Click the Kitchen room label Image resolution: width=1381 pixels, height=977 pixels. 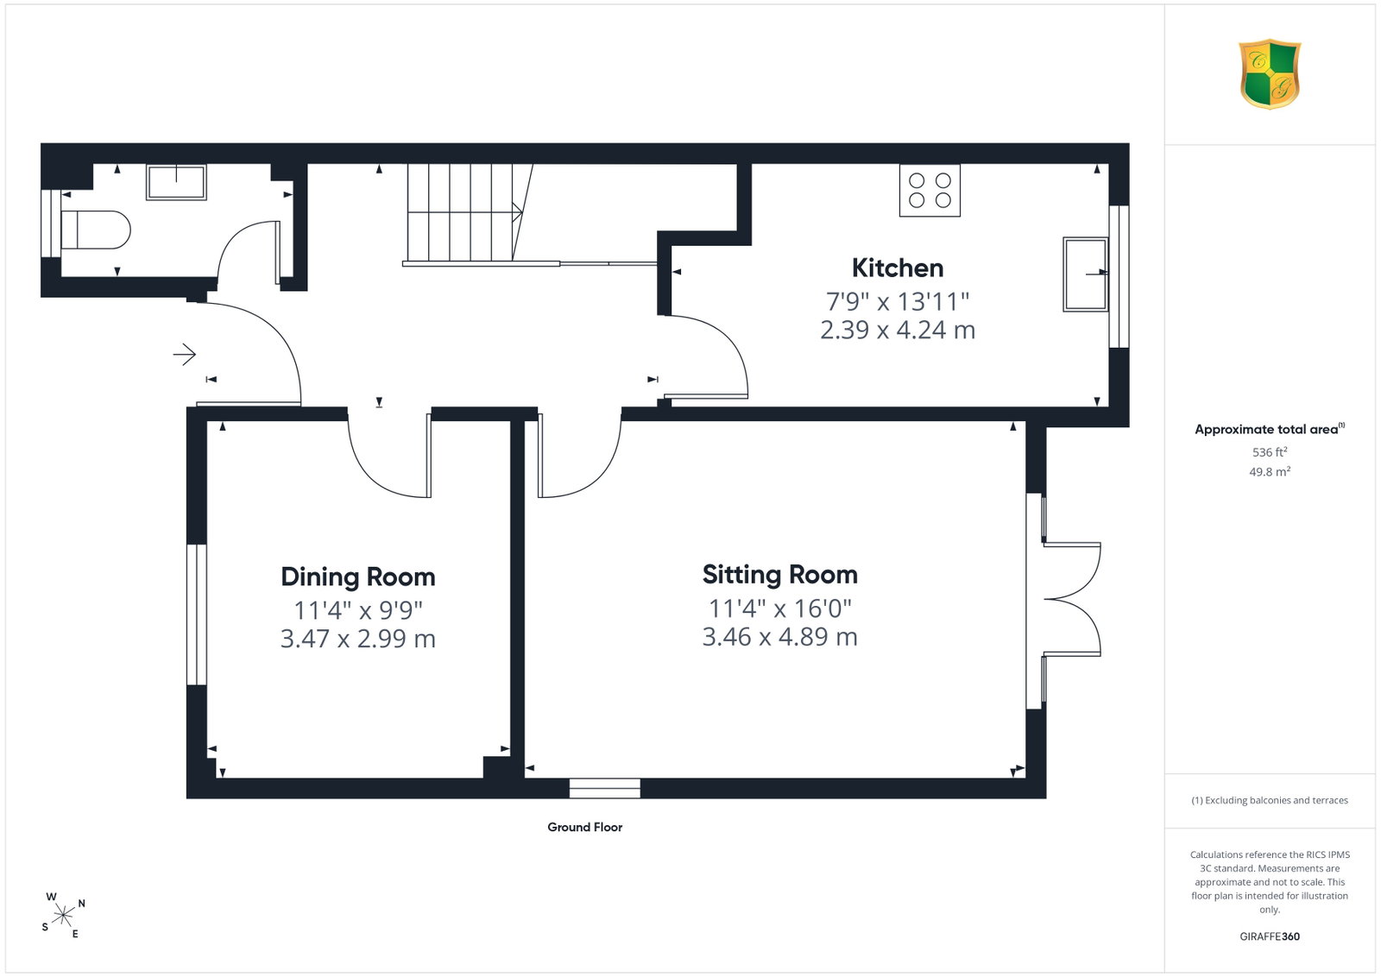point(898,268)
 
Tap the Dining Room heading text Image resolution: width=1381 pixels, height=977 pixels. point(358,577)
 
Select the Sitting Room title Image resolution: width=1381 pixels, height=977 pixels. point(780,575)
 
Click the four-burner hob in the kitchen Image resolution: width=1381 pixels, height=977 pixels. point(930,191)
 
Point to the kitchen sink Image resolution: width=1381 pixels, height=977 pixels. point(1086,274)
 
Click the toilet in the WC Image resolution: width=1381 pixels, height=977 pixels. point(96,230)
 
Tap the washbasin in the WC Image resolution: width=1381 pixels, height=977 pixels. point(176,182)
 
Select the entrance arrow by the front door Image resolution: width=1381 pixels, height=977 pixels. point(185,355)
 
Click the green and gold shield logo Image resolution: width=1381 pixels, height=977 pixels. point(1270,74)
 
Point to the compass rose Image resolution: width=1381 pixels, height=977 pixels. point(63,916)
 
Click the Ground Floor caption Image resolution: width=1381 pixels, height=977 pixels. point(585,827)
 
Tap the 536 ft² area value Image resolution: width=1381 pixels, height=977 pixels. point(1270,452)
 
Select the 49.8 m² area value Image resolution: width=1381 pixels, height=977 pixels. point(1270,471)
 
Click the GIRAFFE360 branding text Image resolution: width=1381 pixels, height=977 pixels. point(1270,936)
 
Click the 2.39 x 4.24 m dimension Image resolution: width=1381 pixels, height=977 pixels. point(898,331)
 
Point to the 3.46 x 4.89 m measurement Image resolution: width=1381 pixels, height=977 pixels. point(780,637)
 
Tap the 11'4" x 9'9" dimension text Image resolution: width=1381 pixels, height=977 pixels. point(358,610)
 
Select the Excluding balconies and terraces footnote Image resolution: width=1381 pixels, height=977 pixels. point(1270,800)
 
